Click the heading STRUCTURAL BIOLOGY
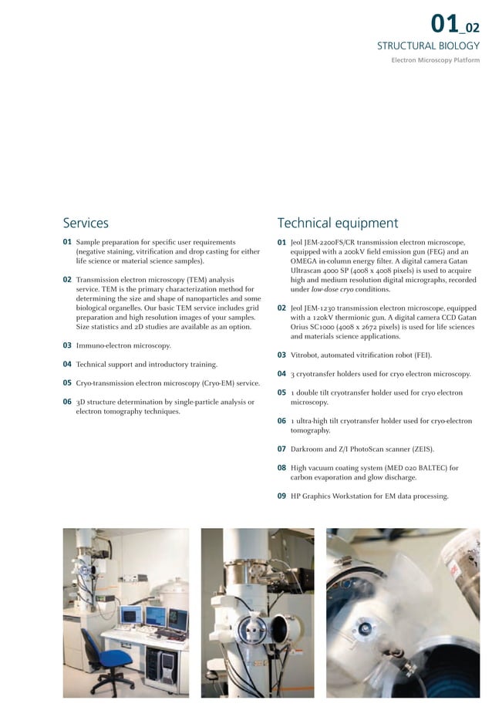pyautogui.click(x=427, y=46)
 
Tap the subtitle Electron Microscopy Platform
pyautogui.click(x=435, y=60)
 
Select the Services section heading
pyautogui.click(x=86, y=224)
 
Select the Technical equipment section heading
pyautogui.click(x=337, y=224)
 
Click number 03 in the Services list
pyautogui.click(x=67, y=346)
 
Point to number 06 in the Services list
pyautogui.click(x=67, y=402)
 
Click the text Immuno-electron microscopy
pyautogui.click(x=123, y=346)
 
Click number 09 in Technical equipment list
pyautogui.click(x=281, y=496)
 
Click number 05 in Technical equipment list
pyautogui.click(x=281, y=392)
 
